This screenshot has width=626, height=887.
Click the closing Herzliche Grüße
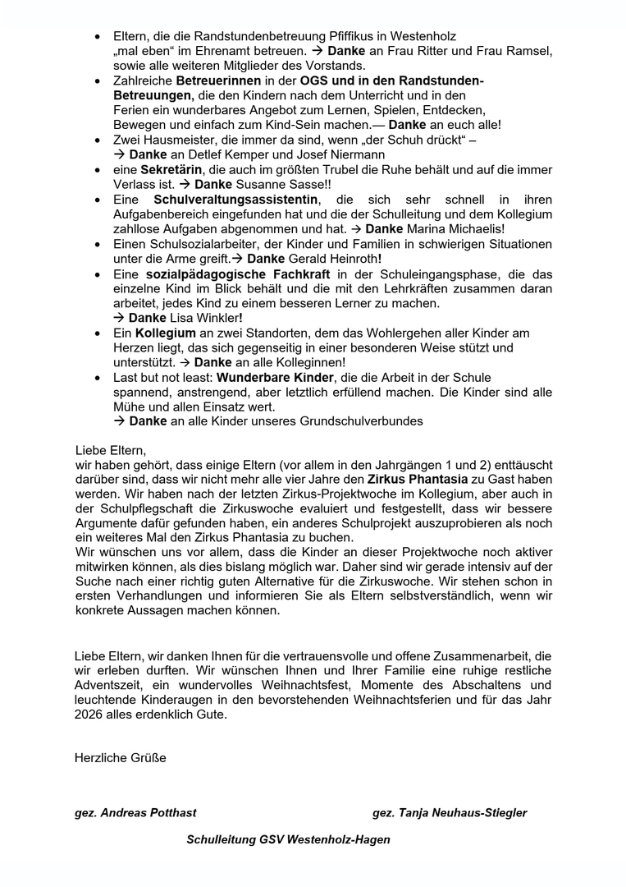point(120,757)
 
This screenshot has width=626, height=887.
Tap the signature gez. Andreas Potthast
point(135,813)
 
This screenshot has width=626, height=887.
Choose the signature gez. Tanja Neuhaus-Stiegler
point(450,813)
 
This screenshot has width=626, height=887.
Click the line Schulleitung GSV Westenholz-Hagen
point(288,839)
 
